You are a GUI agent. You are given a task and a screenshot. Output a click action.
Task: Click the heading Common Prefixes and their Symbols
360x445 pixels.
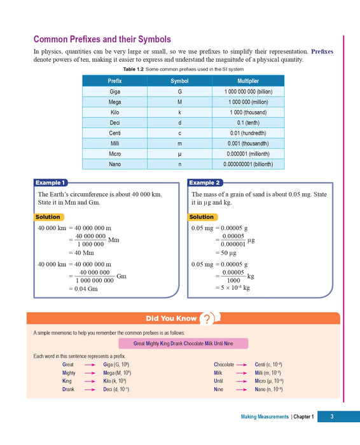[102, 39]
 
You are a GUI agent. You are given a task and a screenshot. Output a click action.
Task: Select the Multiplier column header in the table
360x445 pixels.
[247, 81]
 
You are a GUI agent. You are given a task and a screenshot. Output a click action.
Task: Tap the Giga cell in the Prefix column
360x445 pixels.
[114, 92]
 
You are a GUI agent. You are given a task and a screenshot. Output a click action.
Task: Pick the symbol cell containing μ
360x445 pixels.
[179, 154]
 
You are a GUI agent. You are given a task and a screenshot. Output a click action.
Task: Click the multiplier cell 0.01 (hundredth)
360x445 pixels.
[247, 133]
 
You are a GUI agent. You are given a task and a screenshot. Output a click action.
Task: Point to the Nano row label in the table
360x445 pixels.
[114, 164]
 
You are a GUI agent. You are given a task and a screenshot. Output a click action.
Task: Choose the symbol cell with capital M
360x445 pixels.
[179, 102]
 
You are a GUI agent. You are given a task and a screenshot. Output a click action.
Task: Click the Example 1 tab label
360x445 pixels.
[50, 182]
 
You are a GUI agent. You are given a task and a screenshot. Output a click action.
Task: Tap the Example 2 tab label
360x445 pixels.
[205, 182]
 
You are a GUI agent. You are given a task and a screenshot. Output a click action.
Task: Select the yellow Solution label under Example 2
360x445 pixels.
[202, 217]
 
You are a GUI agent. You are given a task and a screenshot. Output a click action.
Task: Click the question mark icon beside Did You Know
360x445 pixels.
[206, 319]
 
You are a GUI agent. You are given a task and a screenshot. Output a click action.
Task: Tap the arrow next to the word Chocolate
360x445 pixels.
[241, 365]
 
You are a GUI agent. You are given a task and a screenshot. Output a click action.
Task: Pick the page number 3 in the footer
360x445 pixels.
[331, 417]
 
